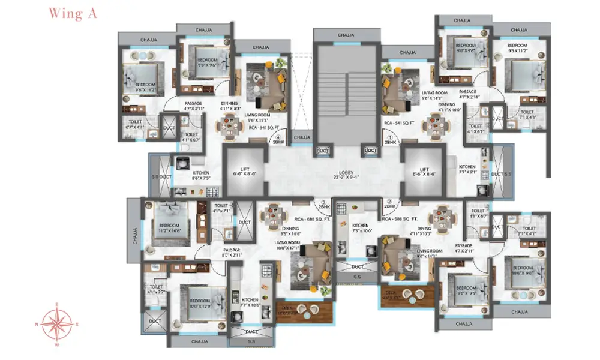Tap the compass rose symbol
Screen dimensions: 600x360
[58, 325]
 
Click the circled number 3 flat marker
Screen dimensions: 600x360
[324, 203]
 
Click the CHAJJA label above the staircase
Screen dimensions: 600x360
[346, 35]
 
